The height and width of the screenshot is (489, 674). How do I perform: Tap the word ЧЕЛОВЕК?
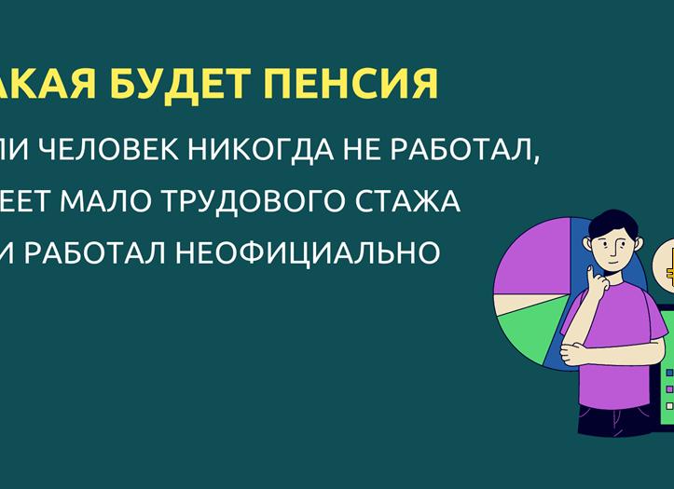click(x=127, y=151)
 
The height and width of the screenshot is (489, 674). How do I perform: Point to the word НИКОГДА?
click(x=280, y=151)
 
